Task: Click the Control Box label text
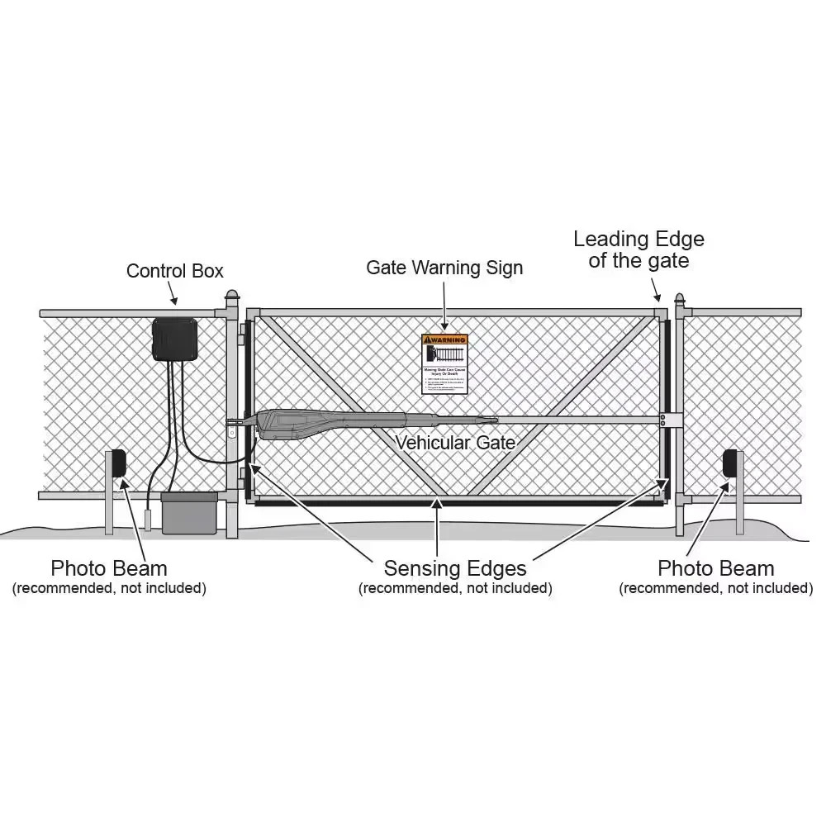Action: coord(174,271)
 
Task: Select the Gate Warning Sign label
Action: coord(444,268)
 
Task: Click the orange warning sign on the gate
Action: coord(444,363)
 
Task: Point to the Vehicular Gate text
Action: coord(455,443)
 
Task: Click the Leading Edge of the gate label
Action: coord(638,249)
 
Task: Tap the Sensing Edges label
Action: coord(455,568)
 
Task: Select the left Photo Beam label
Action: coord(109,568)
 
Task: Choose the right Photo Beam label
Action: coord(716,568)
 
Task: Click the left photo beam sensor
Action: coord(118,463)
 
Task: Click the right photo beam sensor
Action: coord(730,463)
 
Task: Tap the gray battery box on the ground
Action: coord(189,513)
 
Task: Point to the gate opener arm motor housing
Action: coord(322,422)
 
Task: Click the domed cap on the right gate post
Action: coord(680,297)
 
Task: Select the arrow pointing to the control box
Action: coord(173,292)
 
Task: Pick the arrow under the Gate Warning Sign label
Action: coord(444,305)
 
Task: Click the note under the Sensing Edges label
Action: coord(455,588)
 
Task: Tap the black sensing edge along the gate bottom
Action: coord(454,501)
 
